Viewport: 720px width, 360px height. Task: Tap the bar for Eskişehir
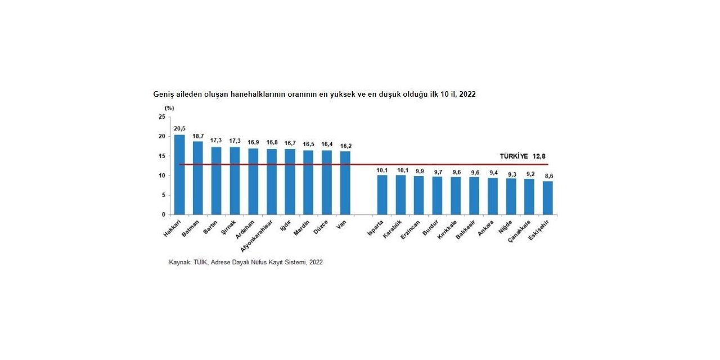(548, 197)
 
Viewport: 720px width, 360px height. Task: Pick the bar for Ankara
(493, 196)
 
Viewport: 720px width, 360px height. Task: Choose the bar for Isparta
(382, 195)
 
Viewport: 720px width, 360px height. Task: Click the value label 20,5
(180, 129)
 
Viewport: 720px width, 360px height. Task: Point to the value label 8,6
(548, 175)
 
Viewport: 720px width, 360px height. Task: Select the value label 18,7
(198, 136)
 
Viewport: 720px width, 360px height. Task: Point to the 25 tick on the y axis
(162, 117)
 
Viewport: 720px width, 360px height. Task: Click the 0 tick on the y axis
(164, 215)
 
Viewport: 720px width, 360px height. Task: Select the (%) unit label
(169, 107)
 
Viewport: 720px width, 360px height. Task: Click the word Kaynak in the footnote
(180, 262)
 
